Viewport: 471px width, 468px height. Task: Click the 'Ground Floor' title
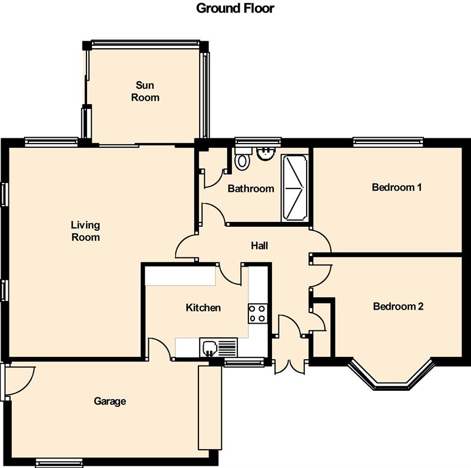(x=235, y=8)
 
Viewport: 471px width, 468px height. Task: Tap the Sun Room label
(x=145, y=91)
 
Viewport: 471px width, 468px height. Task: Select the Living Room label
(x=85, y=231)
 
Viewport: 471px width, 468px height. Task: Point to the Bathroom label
(x=251, y=188)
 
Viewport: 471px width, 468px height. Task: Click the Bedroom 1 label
(x=397, y=187)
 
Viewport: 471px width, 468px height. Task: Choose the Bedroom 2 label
(x=399, y=306)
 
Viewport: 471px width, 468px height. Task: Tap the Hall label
(x=260, y=245)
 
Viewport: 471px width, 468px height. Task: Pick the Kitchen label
(x=203, y=308)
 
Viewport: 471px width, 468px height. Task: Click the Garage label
(x=110, y=401)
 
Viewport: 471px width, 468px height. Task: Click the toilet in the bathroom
(x=243, y=158)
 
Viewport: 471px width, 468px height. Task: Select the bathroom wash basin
(x=266, y=154)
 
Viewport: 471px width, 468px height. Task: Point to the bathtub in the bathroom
(x=295, y=188)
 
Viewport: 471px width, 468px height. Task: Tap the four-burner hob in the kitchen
(x=258, y=314)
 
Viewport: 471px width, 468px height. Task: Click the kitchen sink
(x=218, y=347)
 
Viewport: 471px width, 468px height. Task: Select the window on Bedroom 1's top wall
(x=388, y=142)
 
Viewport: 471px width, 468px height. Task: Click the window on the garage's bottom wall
(x=59, y=463)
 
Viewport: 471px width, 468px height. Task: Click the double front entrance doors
(x=290, y=367)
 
